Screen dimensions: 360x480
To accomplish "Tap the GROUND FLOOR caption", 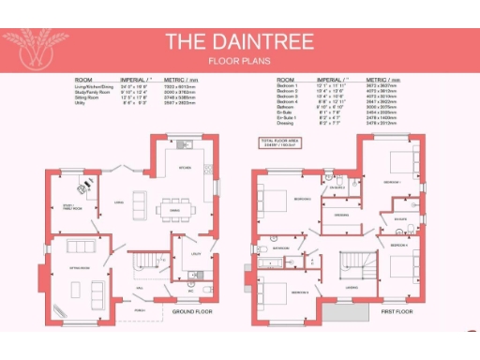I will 193,309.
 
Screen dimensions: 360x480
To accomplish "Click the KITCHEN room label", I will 186,169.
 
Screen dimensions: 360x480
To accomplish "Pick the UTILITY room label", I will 195,254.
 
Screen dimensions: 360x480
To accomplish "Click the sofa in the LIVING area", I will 140,202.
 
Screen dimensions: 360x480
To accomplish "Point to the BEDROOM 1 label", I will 392,181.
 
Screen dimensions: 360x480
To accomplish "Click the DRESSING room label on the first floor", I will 342,215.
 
